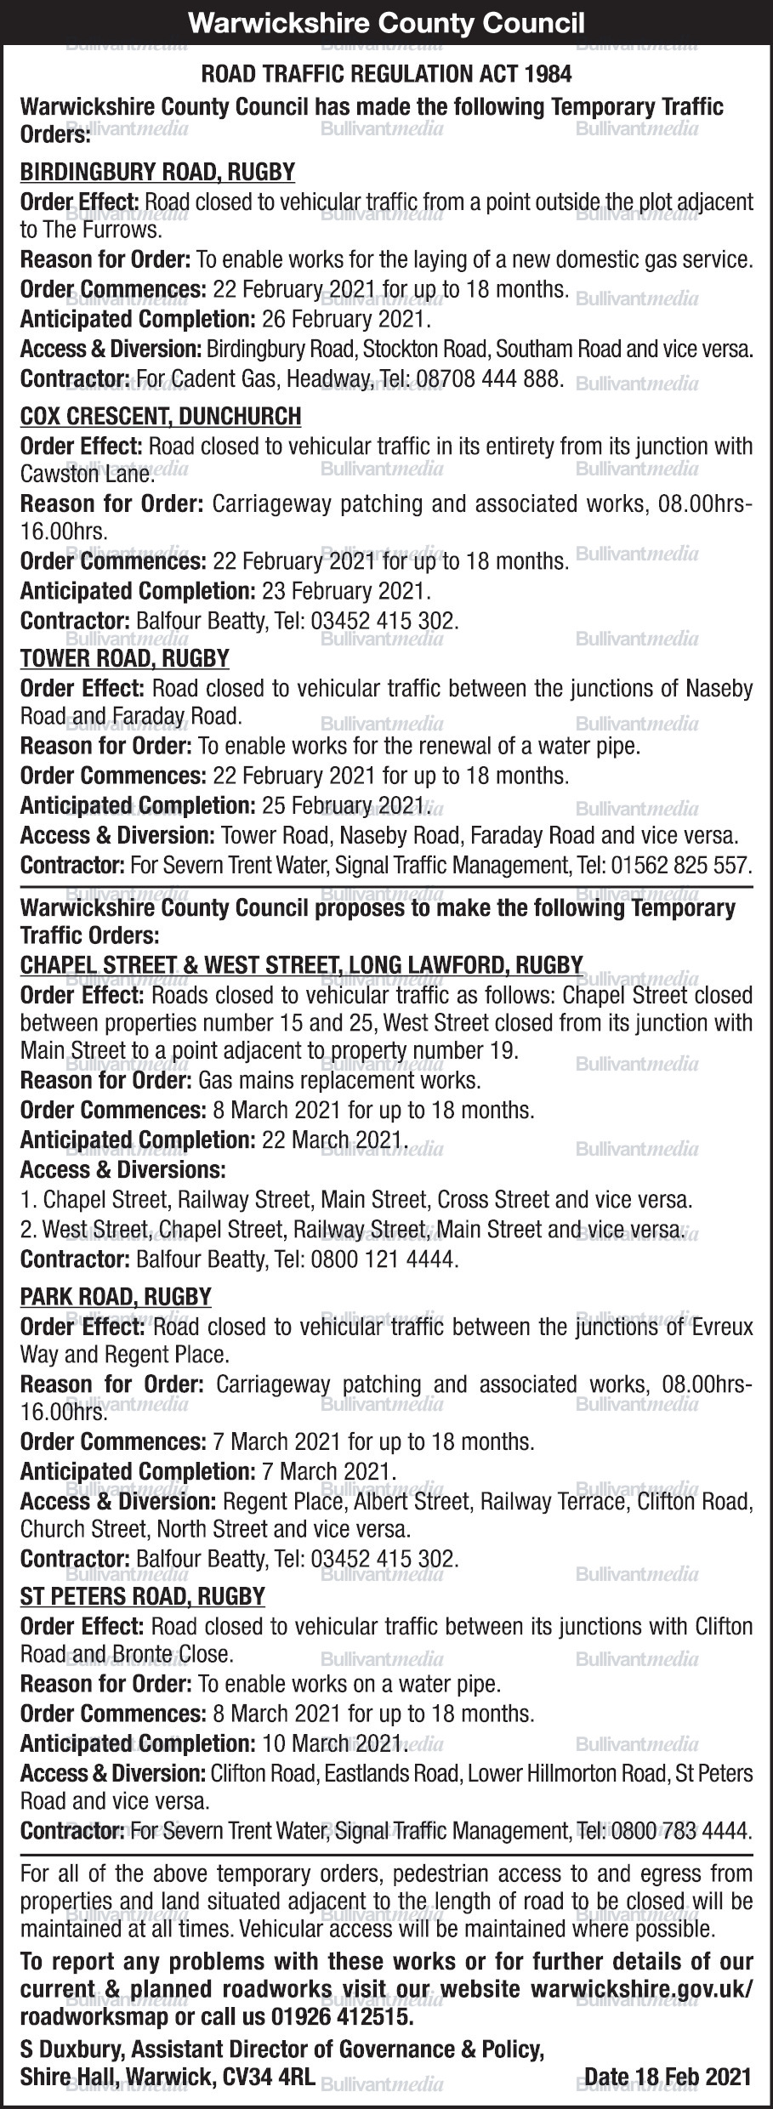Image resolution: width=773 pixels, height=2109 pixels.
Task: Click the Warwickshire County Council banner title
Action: pos(386,22)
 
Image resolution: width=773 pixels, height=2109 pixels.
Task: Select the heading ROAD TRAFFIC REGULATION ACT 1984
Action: pos(386,75)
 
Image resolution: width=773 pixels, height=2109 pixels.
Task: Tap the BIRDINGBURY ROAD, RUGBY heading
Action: pos(157,173)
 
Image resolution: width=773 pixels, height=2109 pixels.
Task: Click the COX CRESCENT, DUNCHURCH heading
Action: pos(161,417)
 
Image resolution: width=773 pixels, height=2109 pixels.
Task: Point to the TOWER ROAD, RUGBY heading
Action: pos(125,658)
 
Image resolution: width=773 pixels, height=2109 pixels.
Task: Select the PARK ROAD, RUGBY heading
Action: pos(116,1297)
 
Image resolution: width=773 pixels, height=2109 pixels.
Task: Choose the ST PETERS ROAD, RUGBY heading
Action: pos(143,1595)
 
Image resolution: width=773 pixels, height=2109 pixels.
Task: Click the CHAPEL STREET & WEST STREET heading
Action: pos(302,964)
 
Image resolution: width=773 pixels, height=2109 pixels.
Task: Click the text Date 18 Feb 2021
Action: pos(668,2076)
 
